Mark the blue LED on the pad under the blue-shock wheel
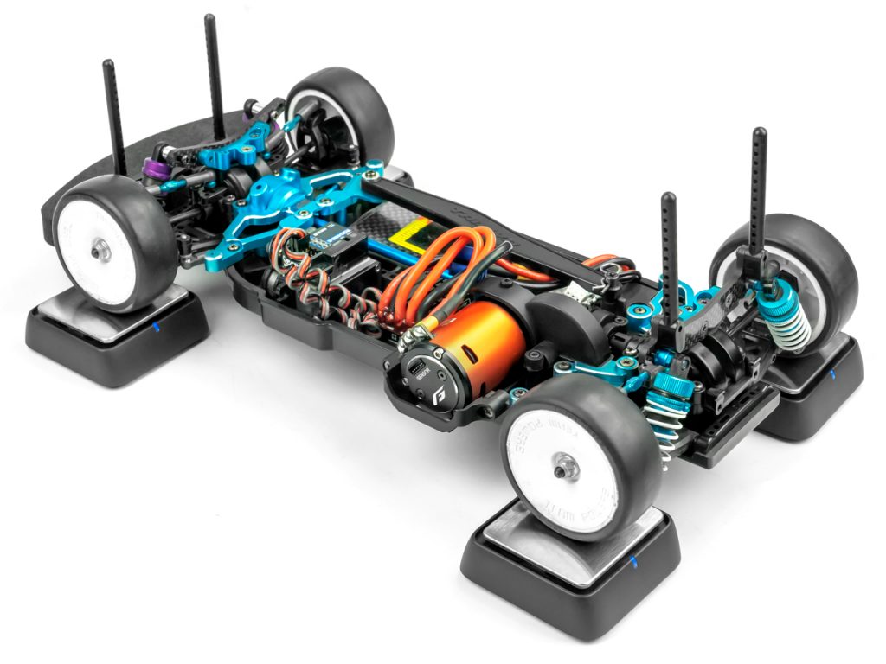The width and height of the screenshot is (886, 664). (x=831, y=374)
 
